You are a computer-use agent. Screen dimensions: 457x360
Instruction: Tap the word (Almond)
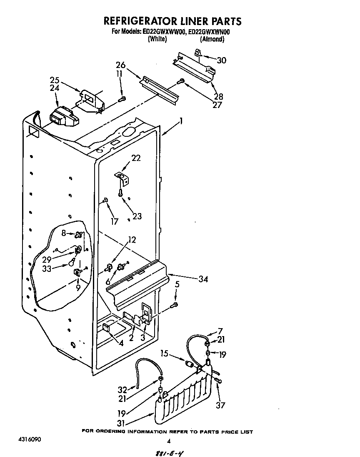pos(212,39)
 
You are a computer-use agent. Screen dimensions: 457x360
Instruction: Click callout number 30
pos(221,60)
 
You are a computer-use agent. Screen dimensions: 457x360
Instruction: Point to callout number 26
pos(121,65)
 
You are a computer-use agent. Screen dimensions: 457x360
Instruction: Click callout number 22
pos(136,158)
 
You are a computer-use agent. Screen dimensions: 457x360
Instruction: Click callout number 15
pos(165,354)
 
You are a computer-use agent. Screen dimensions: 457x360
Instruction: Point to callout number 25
pos(55,80)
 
